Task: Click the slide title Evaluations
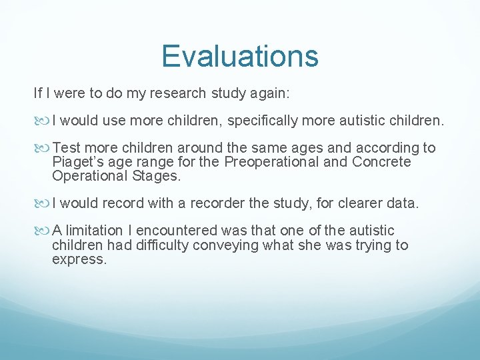[x=240, y=56]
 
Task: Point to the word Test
[x=66, y=148]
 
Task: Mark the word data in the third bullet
[x=403, y=203]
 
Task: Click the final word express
[x=79, y=259]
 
